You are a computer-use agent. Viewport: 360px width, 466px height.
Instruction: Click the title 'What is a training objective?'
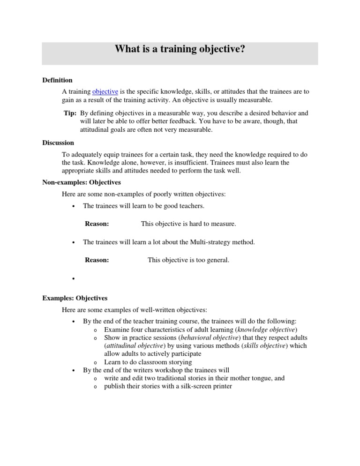click(180, 50)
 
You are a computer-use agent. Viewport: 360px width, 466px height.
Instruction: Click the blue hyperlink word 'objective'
click(105, 91)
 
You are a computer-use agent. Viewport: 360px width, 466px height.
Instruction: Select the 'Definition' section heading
click(57, 80)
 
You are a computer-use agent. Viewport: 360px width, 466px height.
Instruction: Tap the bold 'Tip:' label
click(70, 113)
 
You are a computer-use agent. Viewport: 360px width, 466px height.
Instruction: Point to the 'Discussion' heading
click(58, 143)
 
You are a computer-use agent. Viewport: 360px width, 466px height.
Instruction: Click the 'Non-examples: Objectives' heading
click(82, 182)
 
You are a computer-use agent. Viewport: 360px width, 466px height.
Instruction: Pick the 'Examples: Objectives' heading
click(75, 298)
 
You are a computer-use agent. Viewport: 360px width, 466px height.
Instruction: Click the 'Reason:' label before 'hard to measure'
click(97, 224)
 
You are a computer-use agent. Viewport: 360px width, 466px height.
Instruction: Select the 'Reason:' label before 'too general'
click(97, 260)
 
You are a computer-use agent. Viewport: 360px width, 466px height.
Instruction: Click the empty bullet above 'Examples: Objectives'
click(74, 278)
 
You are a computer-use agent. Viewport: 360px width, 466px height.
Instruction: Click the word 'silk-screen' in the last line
click(180, 386)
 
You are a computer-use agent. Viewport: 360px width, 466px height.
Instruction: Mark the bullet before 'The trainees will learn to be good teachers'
click(74, 206)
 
